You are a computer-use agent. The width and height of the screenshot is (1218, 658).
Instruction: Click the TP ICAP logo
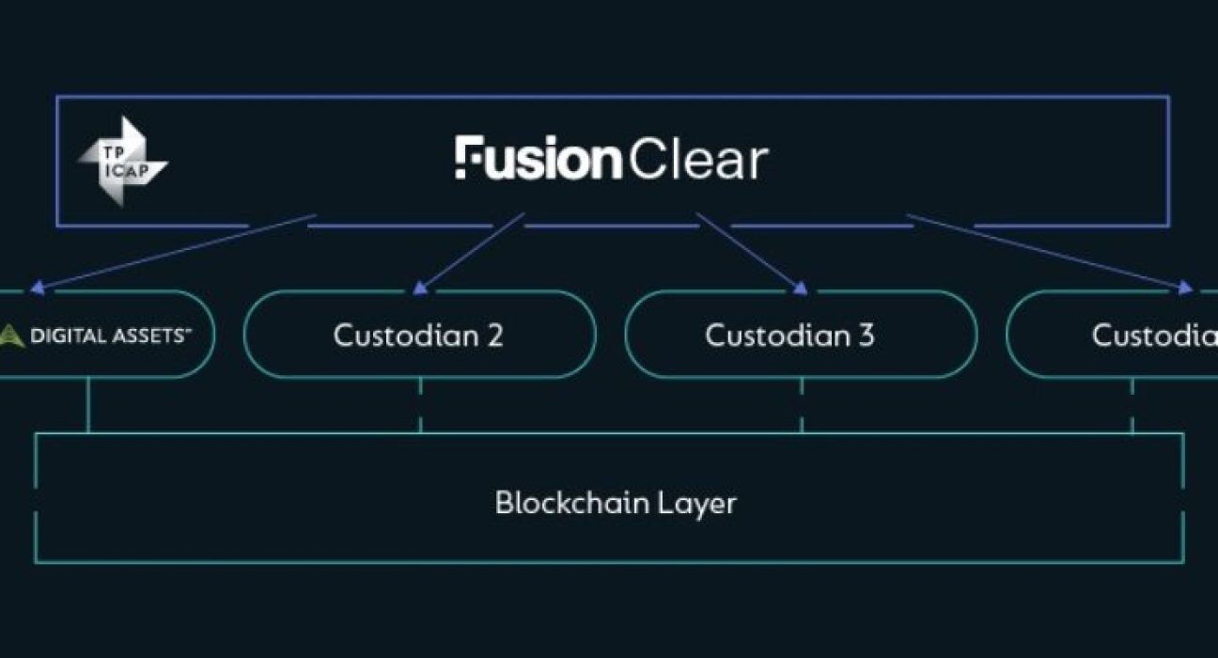coord(121,162)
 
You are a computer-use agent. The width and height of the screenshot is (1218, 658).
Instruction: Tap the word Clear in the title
coord(697,160)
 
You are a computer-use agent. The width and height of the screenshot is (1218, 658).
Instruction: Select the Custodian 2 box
coord(418,336)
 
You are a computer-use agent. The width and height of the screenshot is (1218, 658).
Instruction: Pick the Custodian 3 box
coord(800,336)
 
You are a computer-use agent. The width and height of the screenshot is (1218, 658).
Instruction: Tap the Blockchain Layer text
coord(615,503)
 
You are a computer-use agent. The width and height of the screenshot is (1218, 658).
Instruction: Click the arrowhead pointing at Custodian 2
coord(419,286)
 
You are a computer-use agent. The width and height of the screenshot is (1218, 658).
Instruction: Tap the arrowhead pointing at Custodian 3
coord(801,286)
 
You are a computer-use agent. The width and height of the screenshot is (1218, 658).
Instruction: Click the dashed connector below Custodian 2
coord(420,405)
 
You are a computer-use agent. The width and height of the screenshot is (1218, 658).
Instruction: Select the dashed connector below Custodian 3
coord(802,405)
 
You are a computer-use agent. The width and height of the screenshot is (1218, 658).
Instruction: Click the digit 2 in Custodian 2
coord(494,336)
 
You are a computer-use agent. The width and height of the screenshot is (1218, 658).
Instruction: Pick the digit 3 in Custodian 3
coord(866,336)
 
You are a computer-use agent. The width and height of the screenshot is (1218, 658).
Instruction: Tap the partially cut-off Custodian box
coord(1128,336)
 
